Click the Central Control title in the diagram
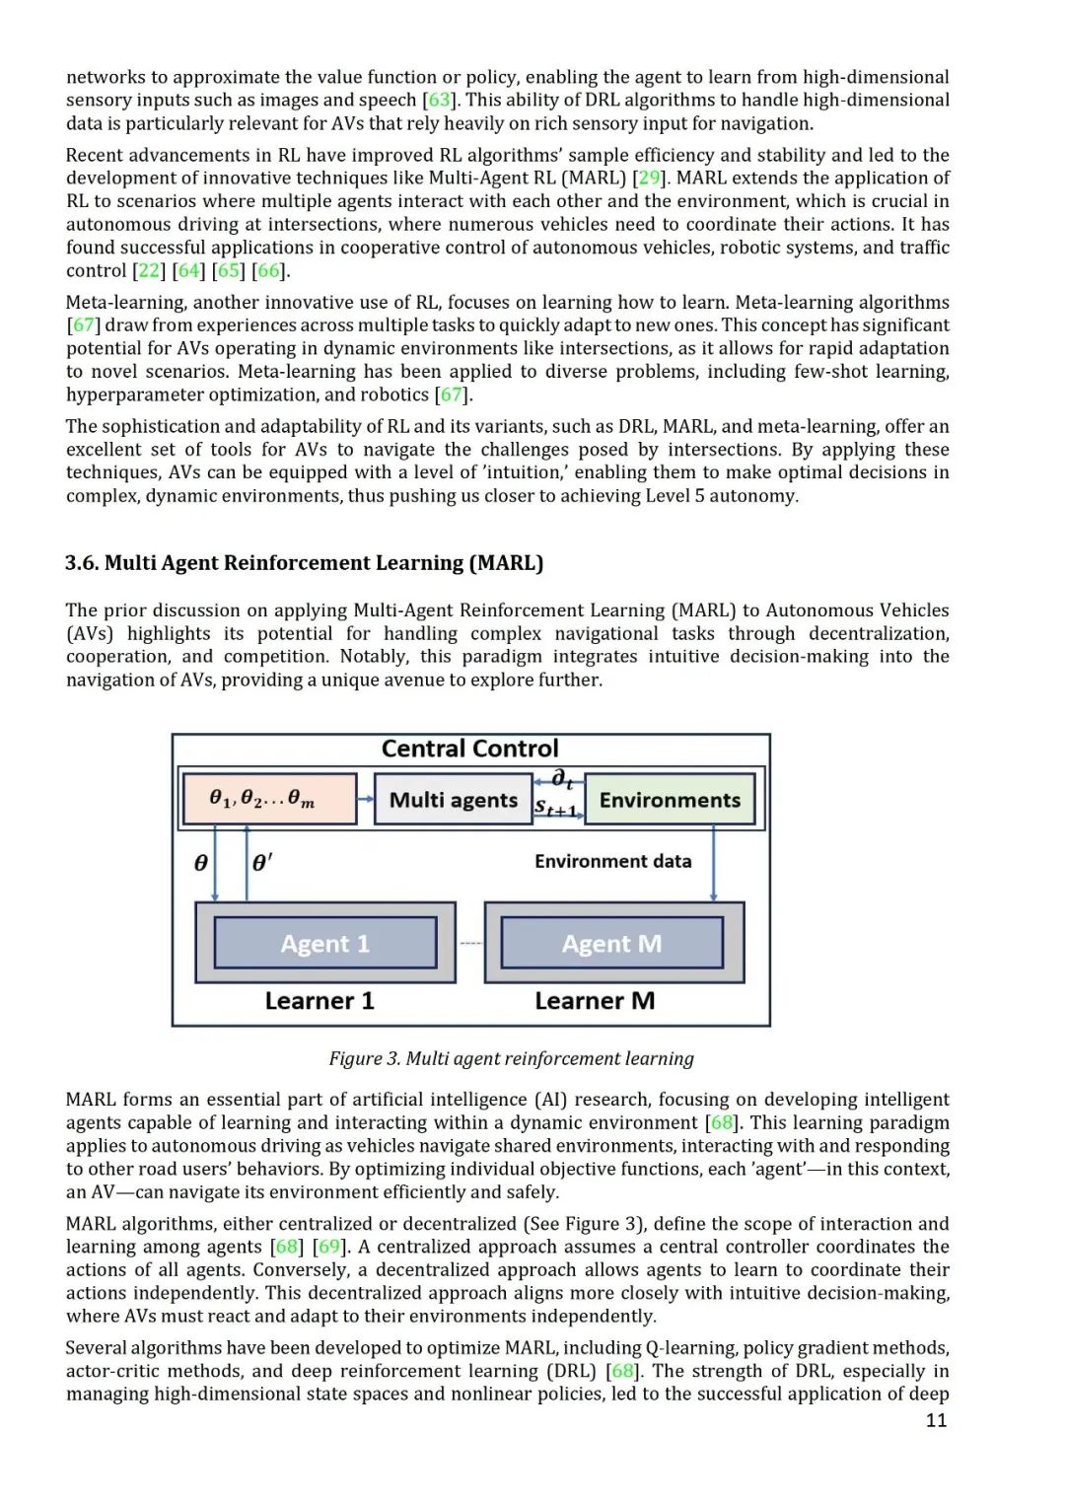coord(469,749)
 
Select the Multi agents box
coord(453,800)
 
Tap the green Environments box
coord(670,800)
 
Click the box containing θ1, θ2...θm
coord(269,799)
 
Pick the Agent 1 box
coord(324,944)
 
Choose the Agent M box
coord(611,944)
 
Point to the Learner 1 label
coord(319,1001)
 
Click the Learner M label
coord(595,1001)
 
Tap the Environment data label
coord(612,861)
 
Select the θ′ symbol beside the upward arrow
coord(262,863)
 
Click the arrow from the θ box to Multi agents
coord(366,799)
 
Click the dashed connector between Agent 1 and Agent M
coord(470,944)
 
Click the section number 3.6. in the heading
coord(82,563)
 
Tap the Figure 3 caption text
coord(511,1058)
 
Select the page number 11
coord(936,1420)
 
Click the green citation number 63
coord(439,101)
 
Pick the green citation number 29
coord(649,179)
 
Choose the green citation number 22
coord(150,270)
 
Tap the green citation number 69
coord(329,1247)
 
